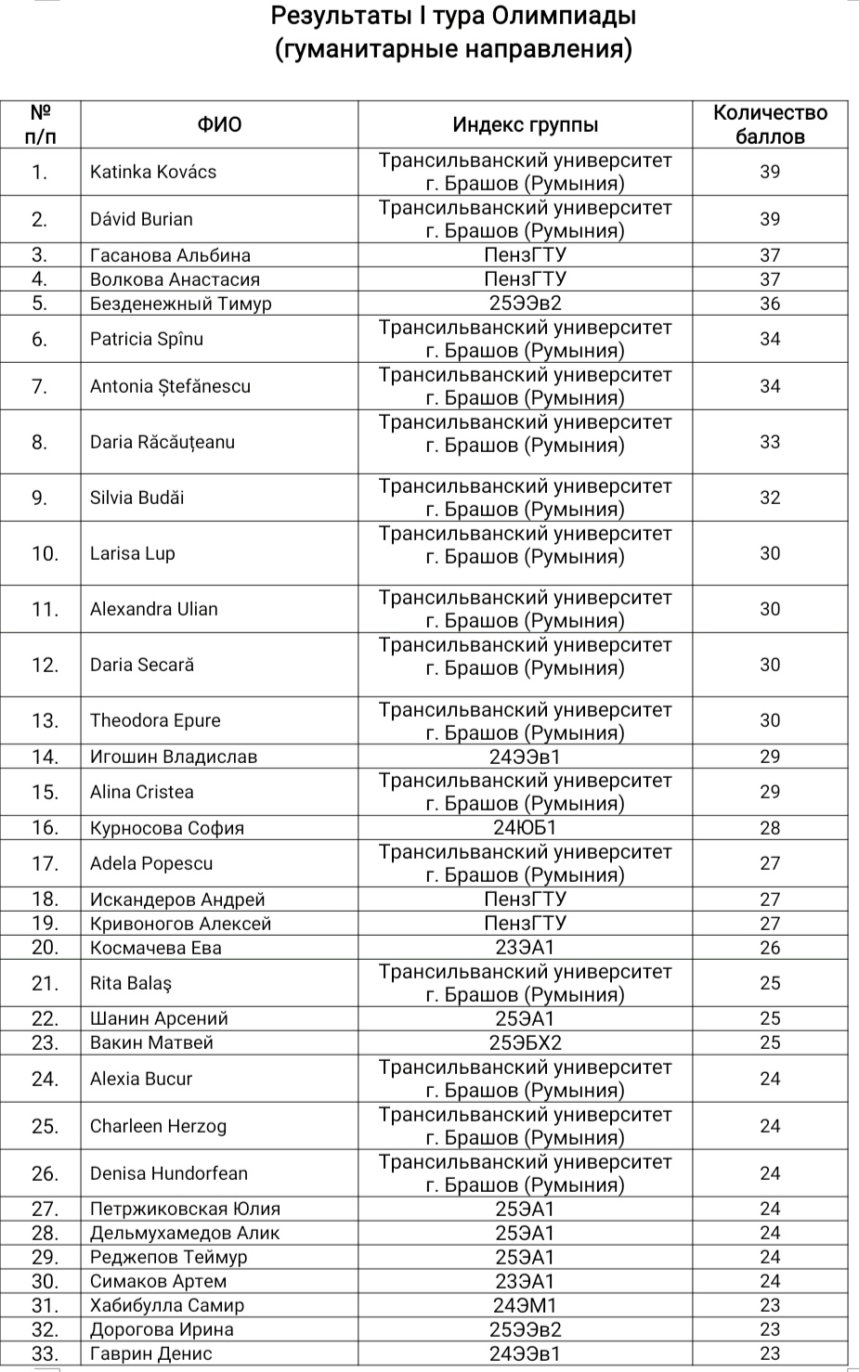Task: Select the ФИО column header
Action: coord(219,124)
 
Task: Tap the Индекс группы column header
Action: coord(525,124)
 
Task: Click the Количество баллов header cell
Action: coord(770,124)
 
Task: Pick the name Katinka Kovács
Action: coord(153,172)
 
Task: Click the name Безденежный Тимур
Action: coord(180,304)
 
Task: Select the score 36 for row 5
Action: coord(770,304)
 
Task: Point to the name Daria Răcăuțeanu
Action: coord(163,442)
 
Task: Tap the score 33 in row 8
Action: coord(770,442)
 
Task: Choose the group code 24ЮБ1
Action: coord(525,828)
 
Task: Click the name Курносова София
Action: coord(167,828)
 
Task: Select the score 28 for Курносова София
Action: coord(770,828)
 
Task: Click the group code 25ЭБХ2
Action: coord(525,1042)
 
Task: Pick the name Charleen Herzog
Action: coord(158,1126)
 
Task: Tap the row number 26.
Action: coord(45,1173)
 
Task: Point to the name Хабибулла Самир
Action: coord(167,1305)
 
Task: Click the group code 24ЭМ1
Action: coord(525,1305)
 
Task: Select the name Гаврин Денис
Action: coord(151,1353)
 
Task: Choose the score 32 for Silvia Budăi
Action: coord(770,498)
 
